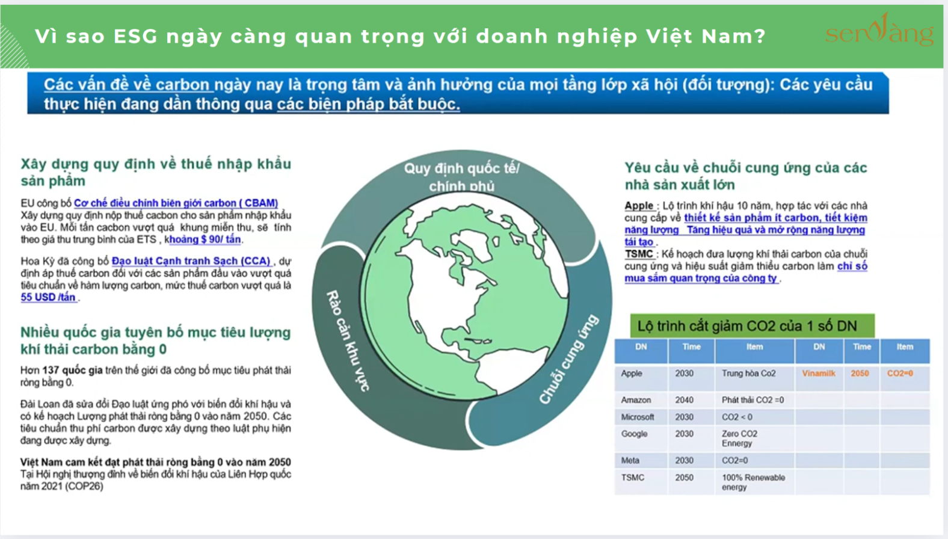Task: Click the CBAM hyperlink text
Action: click(176, 203)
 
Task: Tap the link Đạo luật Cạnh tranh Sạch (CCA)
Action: click(191, 261)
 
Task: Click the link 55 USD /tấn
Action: click(49, 297)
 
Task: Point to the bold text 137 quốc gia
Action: click(72, 370)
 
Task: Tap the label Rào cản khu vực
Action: click(348, 340)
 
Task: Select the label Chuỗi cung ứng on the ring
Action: click(569, 359)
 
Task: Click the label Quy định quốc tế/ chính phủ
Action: click(462, 177)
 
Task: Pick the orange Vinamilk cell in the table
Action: click(819, 373)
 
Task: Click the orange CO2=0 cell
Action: click(900, 373)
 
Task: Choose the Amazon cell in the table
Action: click(636, 400)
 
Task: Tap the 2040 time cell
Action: click(685, 400)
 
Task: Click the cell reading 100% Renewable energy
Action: click(753, 482)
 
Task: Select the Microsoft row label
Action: click(638, 417)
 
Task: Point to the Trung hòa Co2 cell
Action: click(749, 373)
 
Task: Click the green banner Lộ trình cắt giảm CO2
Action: click(753, 326)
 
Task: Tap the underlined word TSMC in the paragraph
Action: click(639, 254)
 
